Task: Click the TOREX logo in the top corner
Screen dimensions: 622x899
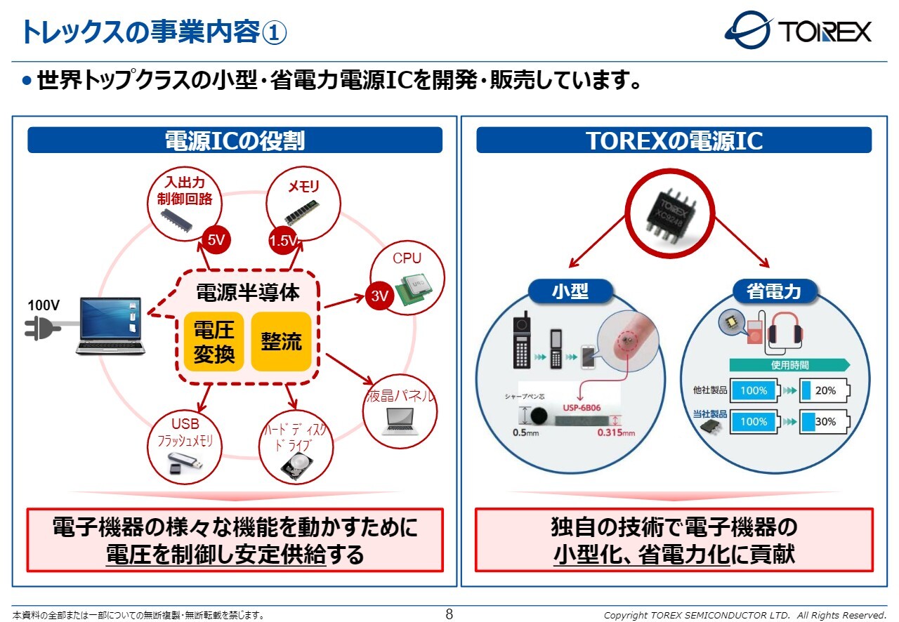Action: (x=799, y=31)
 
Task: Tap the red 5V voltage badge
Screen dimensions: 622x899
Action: (x=216, y=241)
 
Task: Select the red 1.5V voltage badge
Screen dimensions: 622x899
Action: (x=283, y=241)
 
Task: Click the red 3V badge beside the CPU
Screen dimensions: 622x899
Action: (x=379, y=296)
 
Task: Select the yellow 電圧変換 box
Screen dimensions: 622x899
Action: (x=214, y=341)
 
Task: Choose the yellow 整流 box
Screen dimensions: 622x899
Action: (x=281, y=341)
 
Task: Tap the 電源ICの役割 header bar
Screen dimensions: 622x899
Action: (x=235, y=140)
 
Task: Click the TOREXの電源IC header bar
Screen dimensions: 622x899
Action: (x=674, y=140)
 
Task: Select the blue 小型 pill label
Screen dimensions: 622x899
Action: (x=570, y=291)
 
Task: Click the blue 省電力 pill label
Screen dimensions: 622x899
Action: (x=773, y=291)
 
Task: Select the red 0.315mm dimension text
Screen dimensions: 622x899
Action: (x=615, y=432)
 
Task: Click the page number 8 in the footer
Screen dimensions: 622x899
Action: (x=449, y=615)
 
